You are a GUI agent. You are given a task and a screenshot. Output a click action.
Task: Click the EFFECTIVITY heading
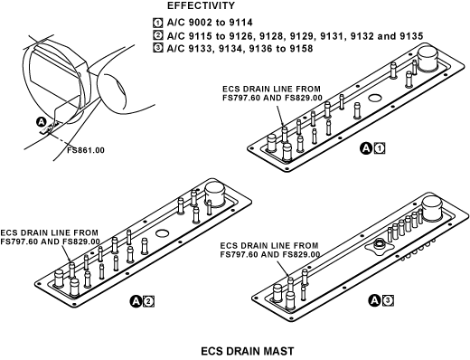[201, 5]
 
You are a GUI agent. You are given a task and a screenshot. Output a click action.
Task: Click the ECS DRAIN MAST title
[247, 352]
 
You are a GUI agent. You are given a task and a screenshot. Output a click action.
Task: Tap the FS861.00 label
[86, 150]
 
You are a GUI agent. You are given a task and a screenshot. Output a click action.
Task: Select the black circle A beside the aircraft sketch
[41, 122]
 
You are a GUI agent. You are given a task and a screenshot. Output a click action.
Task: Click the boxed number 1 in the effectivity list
[157, 23]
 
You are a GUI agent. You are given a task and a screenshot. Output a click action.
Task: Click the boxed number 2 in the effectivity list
[157, 35]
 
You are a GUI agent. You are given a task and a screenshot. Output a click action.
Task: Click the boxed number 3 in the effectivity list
[157, 48]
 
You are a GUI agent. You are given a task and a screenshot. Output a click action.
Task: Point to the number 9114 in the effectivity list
[240, 23]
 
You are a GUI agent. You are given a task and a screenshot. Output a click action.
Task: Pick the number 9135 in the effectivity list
[411, 36]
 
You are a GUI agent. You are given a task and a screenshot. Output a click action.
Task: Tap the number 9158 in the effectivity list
[301, 48]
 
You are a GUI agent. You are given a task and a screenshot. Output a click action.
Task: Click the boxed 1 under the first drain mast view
[380, 148]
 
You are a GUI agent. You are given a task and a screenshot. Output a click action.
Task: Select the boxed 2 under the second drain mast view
[149, 301]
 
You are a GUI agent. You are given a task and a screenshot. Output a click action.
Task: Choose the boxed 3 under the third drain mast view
[388, 300]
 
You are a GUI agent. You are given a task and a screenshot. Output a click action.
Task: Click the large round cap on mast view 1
[428, 59]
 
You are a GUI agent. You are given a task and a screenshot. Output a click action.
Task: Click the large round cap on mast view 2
[214, 194]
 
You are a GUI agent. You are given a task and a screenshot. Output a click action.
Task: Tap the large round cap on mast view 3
[432, 208]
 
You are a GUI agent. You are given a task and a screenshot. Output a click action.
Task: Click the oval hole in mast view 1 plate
[375, 98]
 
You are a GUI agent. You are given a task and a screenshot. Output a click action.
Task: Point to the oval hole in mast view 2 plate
[162, 232]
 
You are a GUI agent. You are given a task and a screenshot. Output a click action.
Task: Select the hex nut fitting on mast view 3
[378, 244]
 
